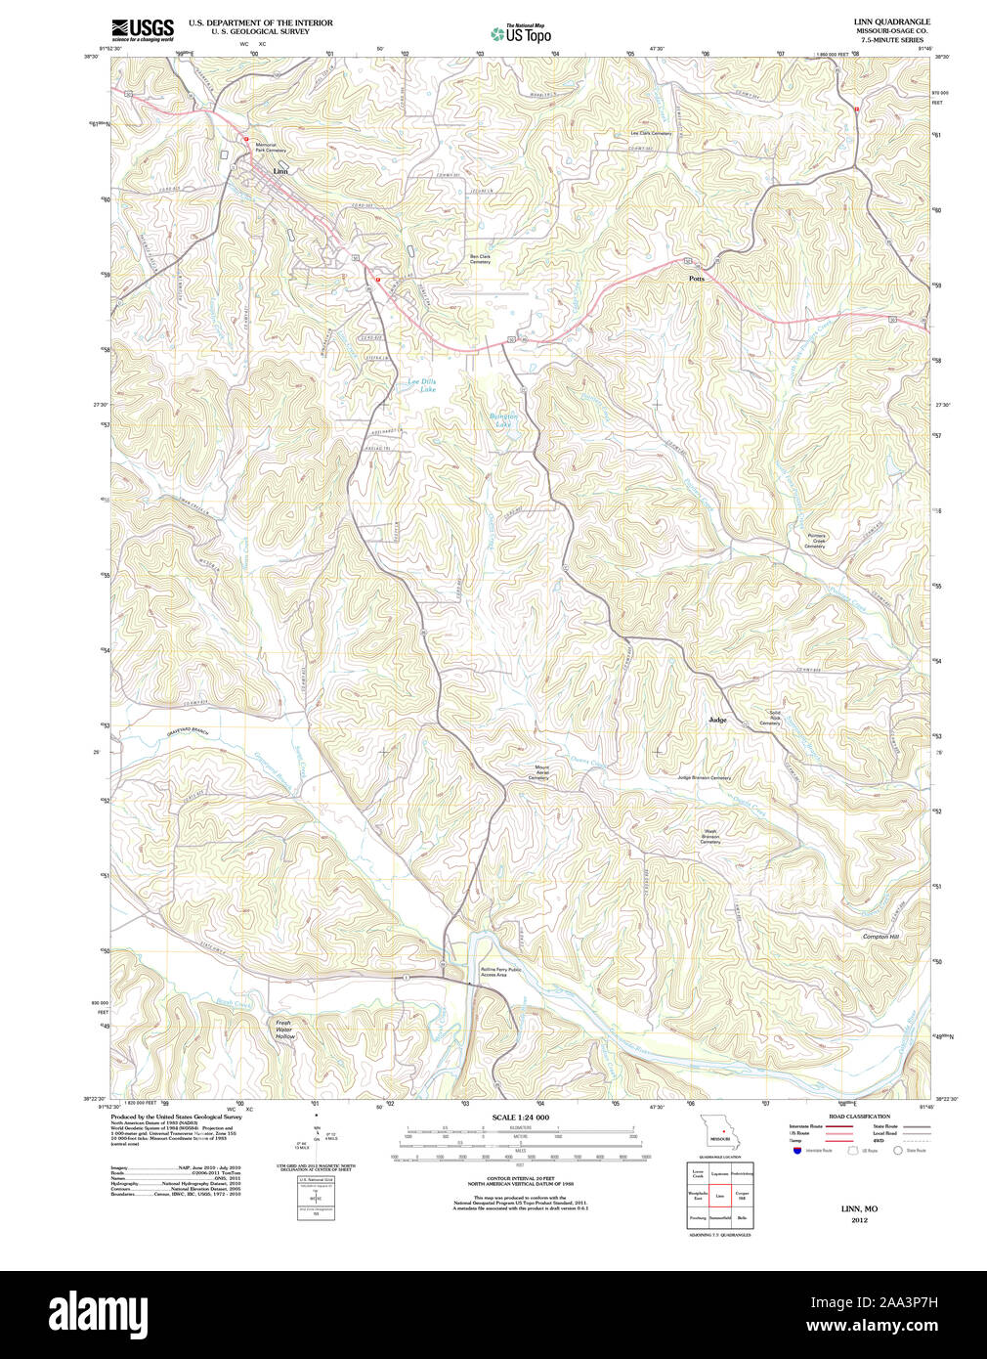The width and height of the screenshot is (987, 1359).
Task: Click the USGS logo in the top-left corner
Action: click(x=143, y=29)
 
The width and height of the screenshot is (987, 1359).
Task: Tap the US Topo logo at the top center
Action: click(x=521, y=33)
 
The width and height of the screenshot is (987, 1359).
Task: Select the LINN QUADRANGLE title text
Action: click(x=891, y=22)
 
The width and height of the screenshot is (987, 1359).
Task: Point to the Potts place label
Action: click(x=696, y=279)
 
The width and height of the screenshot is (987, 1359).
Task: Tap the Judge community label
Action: click(x=717, y=720)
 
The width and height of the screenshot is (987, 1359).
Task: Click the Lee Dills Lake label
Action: click(x=422, y=385)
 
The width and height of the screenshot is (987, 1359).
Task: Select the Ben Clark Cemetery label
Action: click(x=480, y=259)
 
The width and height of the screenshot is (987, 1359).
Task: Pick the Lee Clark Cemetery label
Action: click(x=651, y=133)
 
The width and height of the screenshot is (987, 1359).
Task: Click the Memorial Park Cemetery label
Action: click(x=270, y=148)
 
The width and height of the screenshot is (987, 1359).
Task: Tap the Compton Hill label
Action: click(x=880, y=937)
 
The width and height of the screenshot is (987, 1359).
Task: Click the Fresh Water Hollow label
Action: click(x=283, y=1029)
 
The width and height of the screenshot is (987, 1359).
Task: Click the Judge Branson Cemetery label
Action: click(x=704, y=777)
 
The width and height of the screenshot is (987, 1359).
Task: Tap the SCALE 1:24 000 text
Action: click(x=520, y=1118)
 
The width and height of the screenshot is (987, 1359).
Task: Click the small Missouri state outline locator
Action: click(x=720, y=1132)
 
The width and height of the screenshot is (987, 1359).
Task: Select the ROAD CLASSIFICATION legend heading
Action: click(x=859, y=1117)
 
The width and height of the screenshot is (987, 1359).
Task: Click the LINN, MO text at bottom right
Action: click(x=859, y=1209)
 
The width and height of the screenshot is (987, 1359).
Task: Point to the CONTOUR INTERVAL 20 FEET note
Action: click(x=520, y=1181)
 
